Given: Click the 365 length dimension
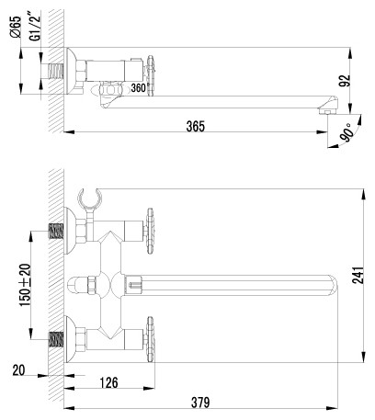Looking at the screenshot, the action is [196, 126].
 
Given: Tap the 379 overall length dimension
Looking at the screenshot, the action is [200, 403].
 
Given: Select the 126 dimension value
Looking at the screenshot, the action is [109, 382].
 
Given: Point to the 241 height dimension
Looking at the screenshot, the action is [358, 276].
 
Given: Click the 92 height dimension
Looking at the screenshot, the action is [345, 81].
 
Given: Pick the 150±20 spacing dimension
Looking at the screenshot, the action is [26, 285].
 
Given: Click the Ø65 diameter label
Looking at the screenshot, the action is [16, 27].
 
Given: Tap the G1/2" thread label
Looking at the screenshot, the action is [36, 27].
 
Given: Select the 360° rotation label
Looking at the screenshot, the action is [139, 88].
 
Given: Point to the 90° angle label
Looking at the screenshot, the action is [347, 133].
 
